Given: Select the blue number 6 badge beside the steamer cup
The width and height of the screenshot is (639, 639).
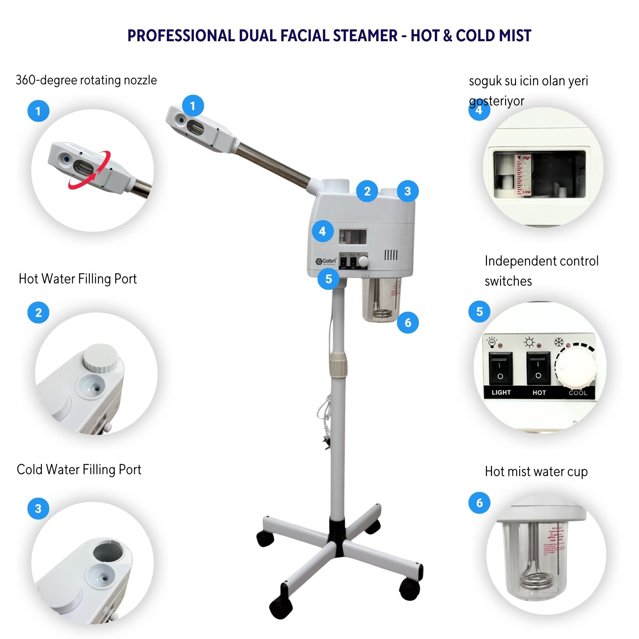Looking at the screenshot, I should point(408,322).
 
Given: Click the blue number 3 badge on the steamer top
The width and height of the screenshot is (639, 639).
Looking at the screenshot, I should point(407,191).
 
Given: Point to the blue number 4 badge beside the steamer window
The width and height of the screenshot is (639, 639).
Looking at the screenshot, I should point(322,231).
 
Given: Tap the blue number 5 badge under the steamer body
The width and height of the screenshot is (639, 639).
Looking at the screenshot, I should point(328,279).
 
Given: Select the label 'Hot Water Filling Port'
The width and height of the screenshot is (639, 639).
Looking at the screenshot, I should point(78,279).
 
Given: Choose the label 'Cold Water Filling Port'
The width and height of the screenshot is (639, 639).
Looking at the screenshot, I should point(79,470).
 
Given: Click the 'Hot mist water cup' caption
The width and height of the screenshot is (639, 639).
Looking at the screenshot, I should point(536,472).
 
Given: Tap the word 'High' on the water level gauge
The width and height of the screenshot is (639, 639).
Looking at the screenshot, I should point(526,158).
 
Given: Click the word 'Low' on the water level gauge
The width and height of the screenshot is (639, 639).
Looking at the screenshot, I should point(526,192).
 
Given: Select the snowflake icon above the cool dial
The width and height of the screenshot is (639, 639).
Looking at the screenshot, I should point(558,342).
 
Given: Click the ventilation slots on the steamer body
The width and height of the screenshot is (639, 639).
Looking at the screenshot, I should point(390,255).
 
